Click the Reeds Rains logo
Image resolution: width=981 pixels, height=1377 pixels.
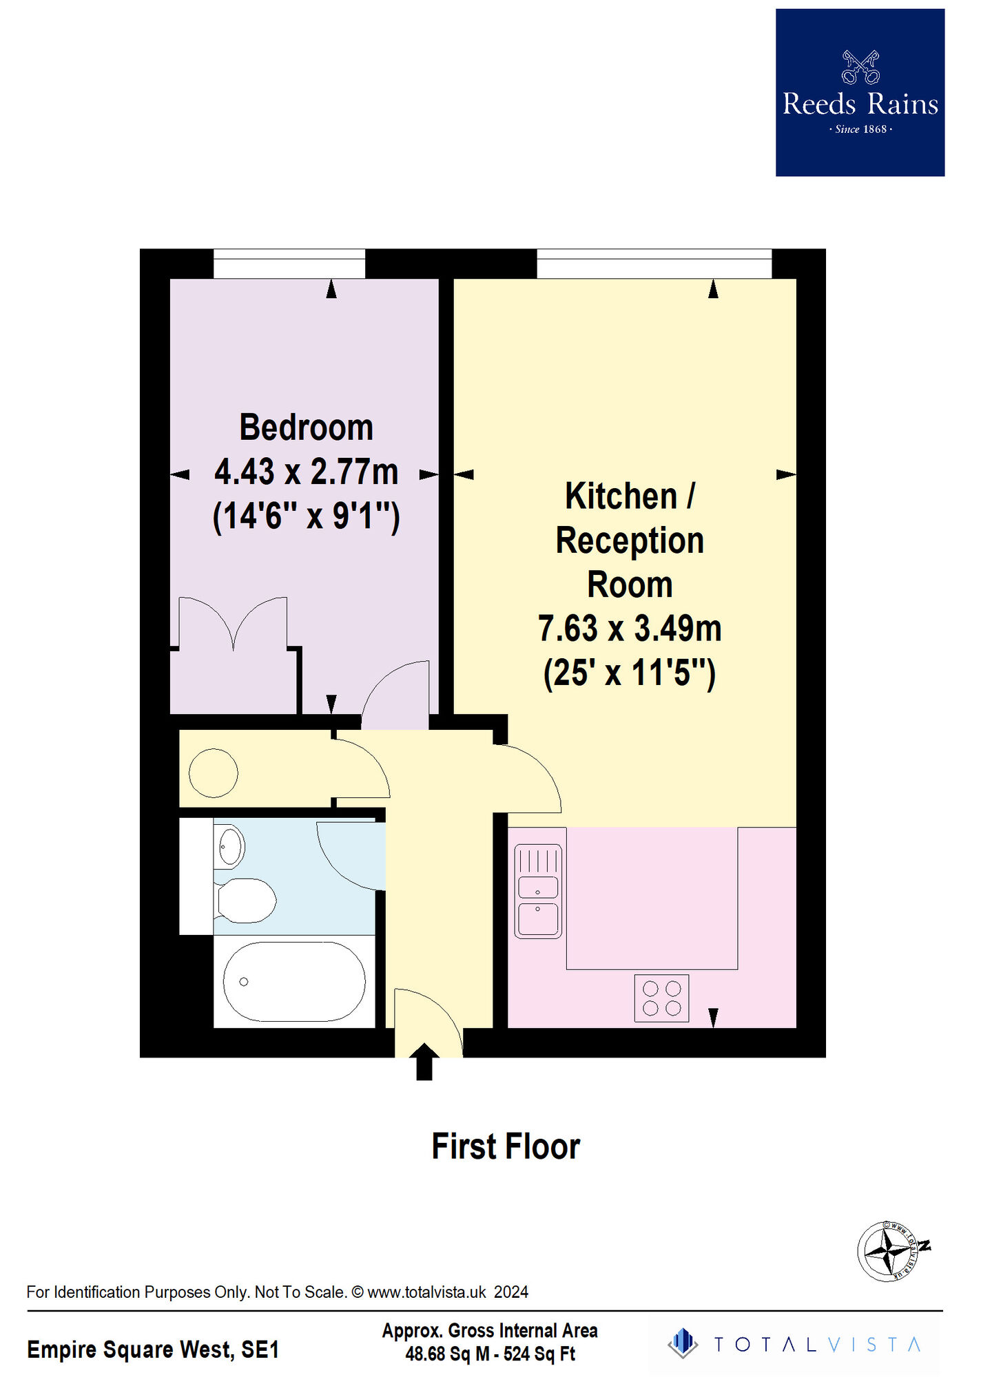pos(860,92)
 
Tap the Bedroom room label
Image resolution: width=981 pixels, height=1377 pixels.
pos(307,428)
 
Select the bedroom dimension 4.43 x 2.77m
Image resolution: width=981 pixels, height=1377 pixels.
pos(307,472)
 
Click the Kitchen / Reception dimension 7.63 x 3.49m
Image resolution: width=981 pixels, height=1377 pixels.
pos(630,629)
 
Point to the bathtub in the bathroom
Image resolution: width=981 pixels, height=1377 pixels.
pos(294,981)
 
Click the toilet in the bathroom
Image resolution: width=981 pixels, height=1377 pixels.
pos(245,900)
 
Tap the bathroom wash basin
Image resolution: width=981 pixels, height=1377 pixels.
pos(230,847)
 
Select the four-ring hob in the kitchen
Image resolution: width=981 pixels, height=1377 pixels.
pos(661,998)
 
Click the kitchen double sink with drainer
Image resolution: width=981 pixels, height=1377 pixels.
pos(538,892)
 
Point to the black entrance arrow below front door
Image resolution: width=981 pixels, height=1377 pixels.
pos(424,1062)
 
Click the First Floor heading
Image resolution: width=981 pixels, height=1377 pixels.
pos(506,1147)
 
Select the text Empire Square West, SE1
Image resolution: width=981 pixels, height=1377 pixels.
pos(153,1349)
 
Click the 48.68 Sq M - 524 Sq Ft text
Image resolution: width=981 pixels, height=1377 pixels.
pos(490,1354)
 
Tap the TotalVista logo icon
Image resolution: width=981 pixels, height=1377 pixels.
pos(683,1343)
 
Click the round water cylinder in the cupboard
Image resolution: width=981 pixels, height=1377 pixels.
pos(214,773)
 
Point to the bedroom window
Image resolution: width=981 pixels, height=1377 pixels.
pos(289,264)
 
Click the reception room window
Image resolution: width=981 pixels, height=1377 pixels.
pos(654,264)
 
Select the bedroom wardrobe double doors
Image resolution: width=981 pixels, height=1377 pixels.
pos(234,623)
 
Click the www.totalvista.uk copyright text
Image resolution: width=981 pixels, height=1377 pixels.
pos(277,1292)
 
